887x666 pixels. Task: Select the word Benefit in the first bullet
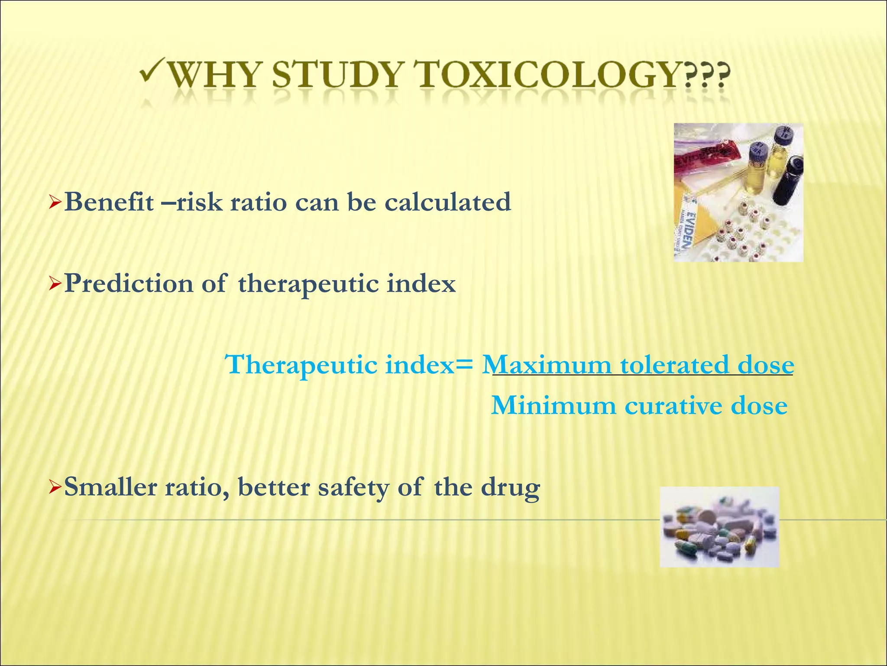(109, 202)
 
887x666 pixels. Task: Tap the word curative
(673, 406)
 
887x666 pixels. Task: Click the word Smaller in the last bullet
(110, 487)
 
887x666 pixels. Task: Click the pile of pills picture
(719, 527)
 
